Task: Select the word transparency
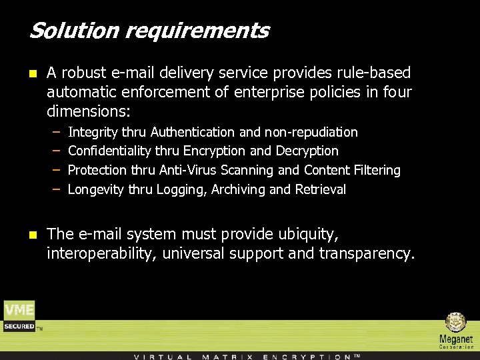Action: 366,253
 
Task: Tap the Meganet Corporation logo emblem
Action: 456,323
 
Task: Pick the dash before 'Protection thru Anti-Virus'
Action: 57,171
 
